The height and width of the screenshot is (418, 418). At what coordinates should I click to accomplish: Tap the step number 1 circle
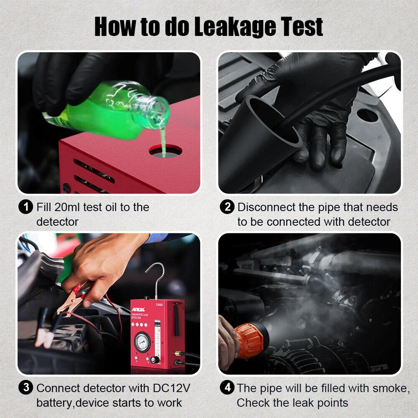tap(26, 207)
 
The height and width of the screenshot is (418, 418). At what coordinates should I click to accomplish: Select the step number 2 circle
tap(227, 207)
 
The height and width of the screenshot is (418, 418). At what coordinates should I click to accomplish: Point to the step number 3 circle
tap(26, 388)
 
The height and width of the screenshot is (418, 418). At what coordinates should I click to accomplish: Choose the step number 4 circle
tap(227, 388)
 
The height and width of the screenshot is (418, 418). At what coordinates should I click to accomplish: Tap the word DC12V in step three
tap(171, 388)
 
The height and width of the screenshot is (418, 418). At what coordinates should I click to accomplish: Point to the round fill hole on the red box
tap(166, 151)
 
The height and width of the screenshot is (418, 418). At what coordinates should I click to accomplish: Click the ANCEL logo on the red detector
tap(138, 309)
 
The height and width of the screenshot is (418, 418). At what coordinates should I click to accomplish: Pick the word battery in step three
tap(55, 403)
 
